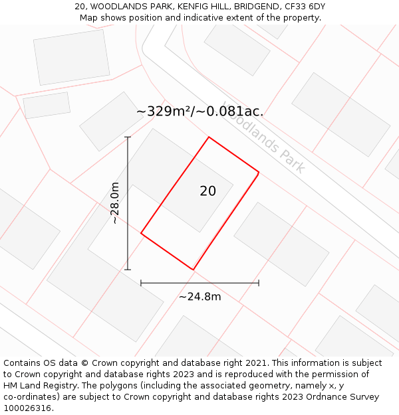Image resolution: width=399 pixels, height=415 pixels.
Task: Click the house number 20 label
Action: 207,191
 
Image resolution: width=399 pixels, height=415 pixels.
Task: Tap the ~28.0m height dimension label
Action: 114,203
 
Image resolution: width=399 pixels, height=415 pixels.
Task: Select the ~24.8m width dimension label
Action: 199,297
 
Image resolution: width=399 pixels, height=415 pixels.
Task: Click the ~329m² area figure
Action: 164,112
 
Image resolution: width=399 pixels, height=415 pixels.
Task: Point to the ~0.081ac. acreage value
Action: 230,112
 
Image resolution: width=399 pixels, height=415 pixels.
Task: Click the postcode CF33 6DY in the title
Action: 303,7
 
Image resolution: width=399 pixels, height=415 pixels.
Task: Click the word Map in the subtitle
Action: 89,18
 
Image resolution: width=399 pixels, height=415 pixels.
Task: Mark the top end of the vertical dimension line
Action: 128,137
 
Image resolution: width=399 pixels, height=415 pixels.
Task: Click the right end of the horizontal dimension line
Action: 259,283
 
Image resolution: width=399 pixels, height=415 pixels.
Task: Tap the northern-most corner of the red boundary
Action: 209,137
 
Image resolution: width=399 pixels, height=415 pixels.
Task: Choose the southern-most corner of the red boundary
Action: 193,270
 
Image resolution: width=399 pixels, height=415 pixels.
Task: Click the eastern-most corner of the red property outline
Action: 259,173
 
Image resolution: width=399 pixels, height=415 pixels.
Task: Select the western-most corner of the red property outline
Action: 141,233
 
